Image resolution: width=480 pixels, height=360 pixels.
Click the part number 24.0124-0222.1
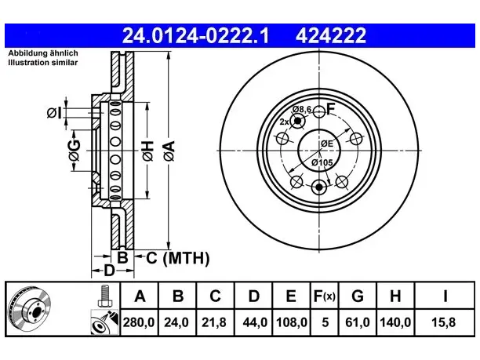point(195,35)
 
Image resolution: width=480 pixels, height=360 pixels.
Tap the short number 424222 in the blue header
point(331,35)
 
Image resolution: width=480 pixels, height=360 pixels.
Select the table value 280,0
point(139,322)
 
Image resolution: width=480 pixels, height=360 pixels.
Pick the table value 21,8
point(214,322)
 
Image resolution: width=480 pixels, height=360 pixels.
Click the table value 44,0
point(255,322)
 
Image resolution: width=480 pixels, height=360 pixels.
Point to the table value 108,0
point(292,322)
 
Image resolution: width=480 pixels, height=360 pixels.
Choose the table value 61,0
point(357,322)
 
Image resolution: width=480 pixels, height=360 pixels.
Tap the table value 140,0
point(395,322)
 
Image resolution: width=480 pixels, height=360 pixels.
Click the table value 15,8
point(444,322)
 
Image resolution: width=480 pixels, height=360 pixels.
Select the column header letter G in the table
point(358,296)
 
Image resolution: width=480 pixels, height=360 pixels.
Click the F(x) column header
point(325,296)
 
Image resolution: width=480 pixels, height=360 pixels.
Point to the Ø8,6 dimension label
point(301,109)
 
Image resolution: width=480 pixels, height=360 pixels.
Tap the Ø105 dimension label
point(322,162)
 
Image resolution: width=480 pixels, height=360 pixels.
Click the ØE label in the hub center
point(327,144)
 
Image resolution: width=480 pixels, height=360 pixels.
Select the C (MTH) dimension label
point(177,258)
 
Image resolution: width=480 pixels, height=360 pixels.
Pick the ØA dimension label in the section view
point(169,151)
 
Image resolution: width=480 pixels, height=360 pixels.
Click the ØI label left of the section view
point(54,113)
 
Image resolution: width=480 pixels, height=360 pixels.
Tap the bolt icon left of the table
point(105,296)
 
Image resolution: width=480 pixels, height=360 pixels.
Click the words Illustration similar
point(43,63)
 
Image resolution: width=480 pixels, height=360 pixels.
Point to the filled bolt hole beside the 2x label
point(297,122)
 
